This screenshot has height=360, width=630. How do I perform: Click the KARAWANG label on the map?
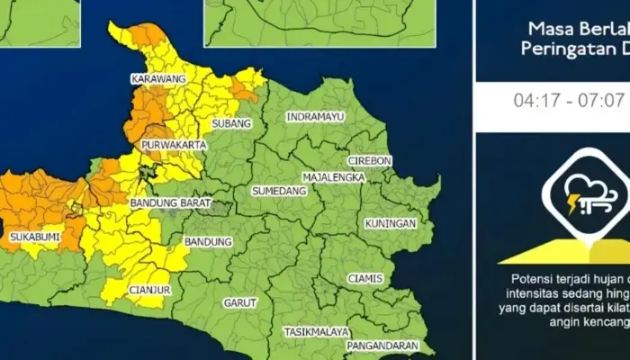tap(158, 79)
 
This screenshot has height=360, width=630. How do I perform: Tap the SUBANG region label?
tap(229, 123)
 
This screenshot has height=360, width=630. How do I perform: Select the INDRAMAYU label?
tap(315, 117)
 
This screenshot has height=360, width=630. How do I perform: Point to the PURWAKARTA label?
tap(175, 144)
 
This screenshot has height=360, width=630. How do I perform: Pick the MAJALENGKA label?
tap(334, 177)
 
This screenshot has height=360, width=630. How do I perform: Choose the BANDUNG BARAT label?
tap(169, 204)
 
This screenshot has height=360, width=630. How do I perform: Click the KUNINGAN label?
tap(390, 222)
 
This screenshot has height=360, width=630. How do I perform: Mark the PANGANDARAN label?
tap(387, 345)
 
